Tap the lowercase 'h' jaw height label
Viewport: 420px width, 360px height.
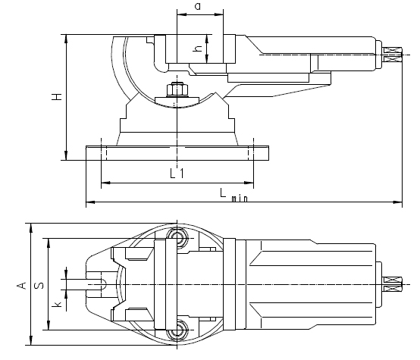click(197, 49)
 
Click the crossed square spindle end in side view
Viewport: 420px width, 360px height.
click(393, 53)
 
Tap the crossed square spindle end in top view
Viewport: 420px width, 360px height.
click(393, 284)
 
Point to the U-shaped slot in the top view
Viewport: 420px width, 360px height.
click(97, 284)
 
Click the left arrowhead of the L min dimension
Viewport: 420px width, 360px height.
click(88, 202)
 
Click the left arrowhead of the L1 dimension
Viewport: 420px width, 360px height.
click(102, 183)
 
